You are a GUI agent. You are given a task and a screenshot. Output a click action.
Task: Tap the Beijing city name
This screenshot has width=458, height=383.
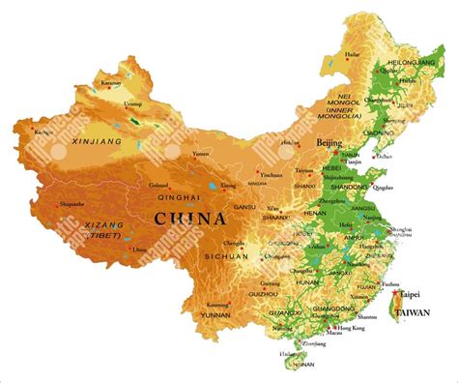pyautogui.click(x=329, y=142)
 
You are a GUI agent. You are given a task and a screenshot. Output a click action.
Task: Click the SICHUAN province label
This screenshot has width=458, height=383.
pyautogui.click(x=226, y=256)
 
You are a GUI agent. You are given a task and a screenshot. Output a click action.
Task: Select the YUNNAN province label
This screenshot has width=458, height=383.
pyautogui.click(x=214, y=315)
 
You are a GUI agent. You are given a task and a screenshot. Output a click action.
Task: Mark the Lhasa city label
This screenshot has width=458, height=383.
pyautogui.click(x=140, y=249)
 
